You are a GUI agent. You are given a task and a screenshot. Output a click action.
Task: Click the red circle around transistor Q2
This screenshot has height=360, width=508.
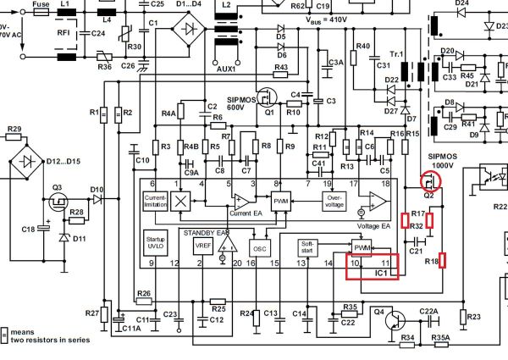pyautogui.click(x=430, y=181)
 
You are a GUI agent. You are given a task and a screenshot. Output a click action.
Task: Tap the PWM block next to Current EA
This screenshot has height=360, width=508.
pyautogui.click(x=280, y=202)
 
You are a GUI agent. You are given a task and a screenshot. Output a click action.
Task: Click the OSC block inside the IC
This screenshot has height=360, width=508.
pyautogui.click(x=260, y=247)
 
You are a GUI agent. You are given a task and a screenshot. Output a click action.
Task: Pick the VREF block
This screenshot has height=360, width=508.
pyautogui.click(x=202, y=246)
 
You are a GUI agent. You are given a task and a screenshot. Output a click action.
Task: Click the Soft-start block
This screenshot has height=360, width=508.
pyautogui.click(x=310, y=246)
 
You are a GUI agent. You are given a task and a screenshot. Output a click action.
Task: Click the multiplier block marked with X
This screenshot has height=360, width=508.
pyautogui.click(x=180, y=201)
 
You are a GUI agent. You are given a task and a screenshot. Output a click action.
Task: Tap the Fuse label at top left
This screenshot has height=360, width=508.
pyautogui.click(x=41, y=4)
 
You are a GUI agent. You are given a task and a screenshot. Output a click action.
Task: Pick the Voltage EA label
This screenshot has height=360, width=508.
pyautogui.click(x=373, y=225)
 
